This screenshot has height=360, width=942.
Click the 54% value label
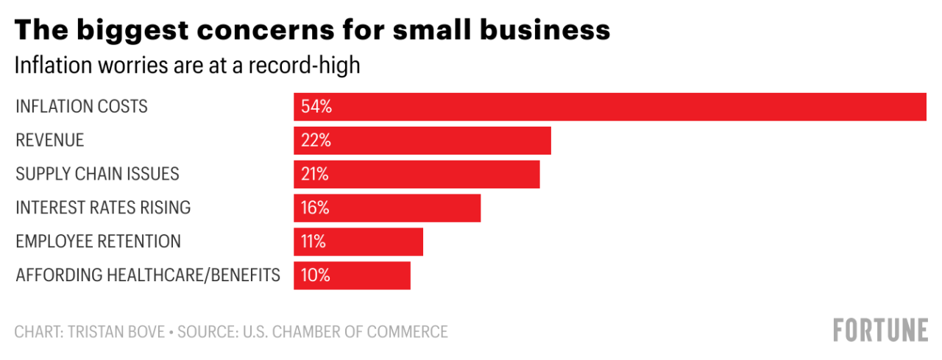(316, 107)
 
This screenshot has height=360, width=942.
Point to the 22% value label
(316, 141)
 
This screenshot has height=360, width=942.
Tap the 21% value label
(315, 174)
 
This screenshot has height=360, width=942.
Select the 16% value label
(315, 208)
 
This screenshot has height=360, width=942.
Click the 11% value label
(314, 242)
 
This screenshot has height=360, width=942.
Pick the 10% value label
(315, 276)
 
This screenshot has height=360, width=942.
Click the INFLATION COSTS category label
(82, 107)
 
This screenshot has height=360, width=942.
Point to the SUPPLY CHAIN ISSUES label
(98, 174)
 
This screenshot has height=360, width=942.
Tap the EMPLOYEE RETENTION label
(99, 241)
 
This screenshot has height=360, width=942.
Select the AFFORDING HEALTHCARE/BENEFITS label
(148, 275)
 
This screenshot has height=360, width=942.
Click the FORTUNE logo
(880, 330)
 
